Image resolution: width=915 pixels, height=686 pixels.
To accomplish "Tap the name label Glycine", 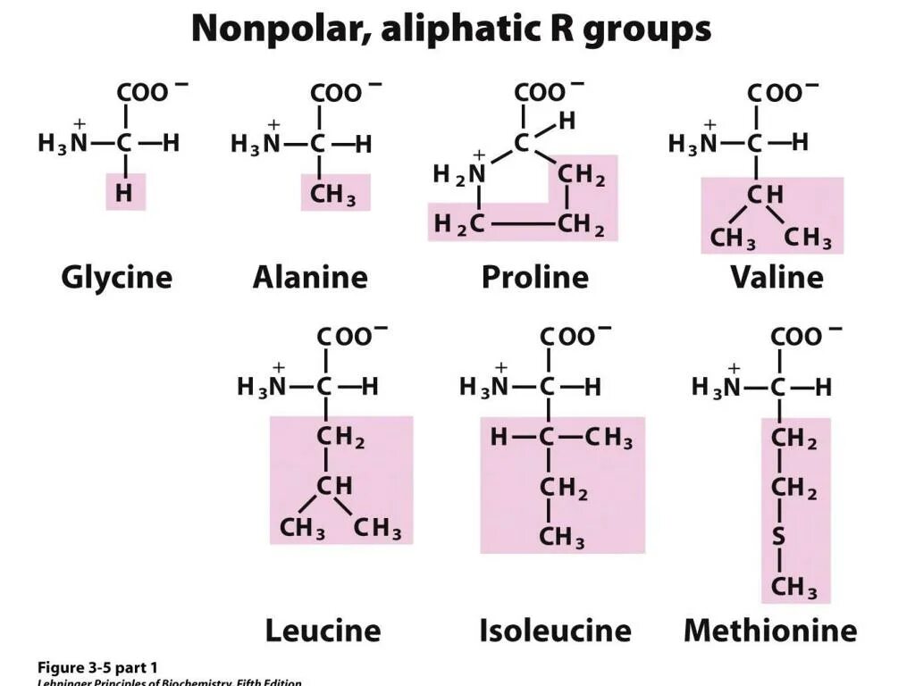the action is [x=116, y=277].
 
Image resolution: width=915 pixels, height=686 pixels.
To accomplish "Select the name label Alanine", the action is [x=310, y=277].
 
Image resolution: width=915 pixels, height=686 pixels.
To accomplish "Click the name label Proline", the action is [x=535, y=277].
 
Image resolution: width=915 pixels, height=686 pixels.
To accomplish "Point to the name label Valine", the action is [x=776, y=277].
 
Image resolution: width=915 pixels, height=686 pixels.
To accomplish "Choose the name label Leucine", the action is [x=323, y=631].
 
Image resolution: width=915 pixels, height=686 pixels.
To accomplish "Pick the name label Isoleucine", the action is [x=555, y=631].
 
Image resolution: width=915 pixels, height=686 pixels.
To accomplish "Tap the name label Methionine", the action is [x=770, y=631].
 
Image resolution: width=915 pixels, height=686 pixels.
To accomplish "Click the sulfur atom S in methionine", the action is [x=779, y=539].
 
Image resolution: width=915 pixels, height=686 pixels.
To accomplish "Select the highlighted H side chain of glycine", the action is [x=125, y=194].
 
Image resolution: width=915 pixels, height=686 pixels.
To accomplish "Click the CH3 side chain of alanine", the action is [x=333, y=194].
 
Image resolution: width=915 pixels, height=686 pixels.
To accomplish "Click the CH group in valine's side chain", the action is [x=765, y=194].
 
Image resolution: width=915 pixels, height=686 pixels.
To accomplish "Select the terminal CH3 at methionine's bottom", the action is [x=793, y=588].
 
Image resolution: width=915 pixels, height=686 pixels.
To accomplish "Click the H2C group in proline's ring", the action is [x=459, y=225].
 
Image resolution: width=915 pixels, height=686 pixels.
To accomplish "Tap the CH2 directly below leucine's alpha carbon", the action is [x=340, y=439].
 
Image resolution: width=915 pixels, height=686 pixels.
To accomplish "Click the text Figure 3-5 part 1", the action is [x=97, y=667].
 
